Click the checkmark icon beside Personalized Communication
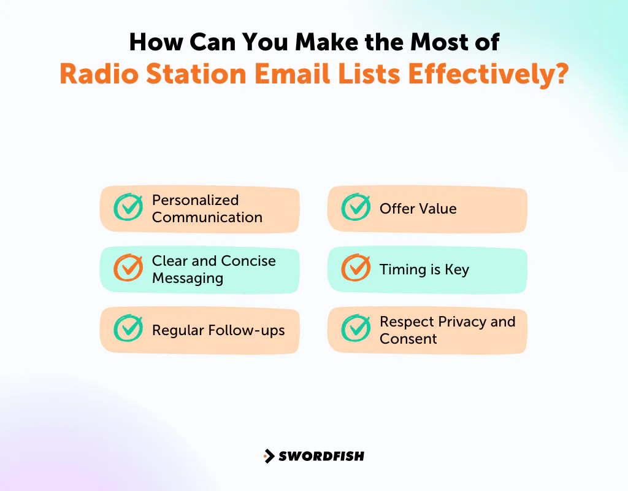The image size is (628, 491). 129,207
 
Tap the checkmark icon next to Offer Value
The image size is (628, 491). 356,207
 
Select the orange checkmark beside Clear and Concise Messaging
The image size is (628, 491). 129,268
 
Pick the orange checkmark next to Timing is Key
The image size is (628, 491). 356,268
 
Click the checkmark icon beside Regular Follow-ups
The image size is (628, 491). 129,329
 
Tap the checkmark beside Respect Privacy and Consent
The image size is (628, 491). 356,329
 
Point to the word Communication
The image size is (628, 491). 207,217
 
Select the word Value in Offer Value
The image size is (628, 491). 437,209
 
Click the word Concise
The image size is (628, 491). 248,261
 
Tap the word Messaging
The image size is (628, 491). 187,278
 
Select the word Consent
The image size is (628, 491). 408,339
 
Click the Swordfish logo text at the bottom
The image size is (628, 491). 321,456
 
